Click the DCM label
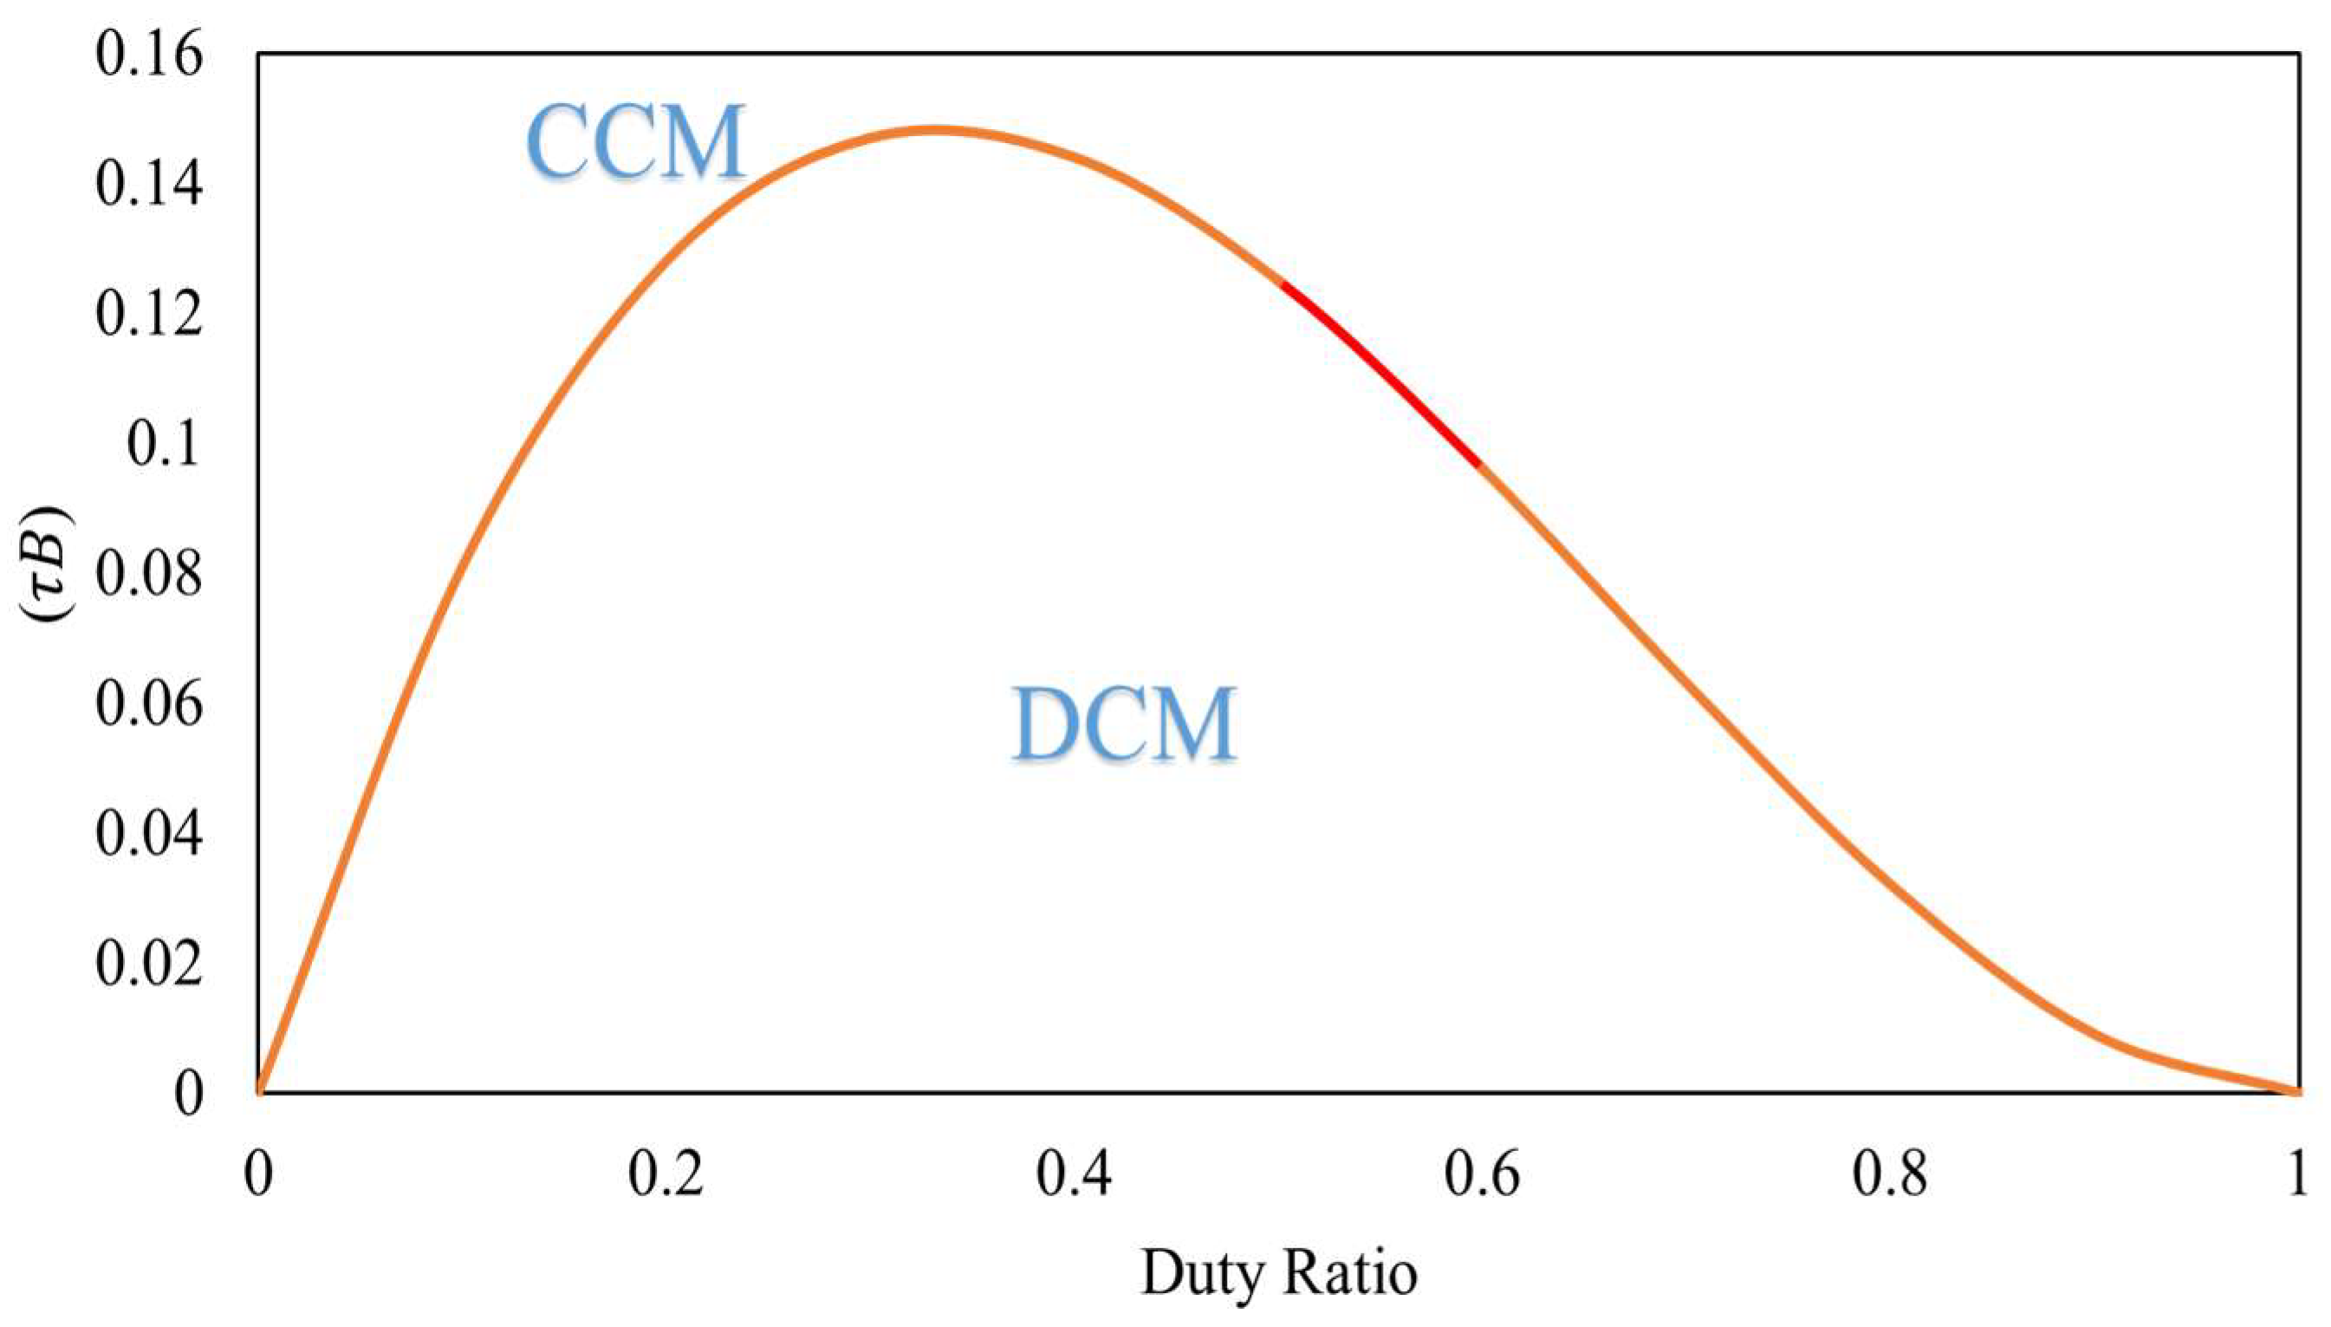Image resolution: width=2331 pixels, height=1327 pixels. click(x=1124, y=724)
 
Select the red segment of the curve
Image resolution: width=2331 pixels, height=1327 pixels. click(x=1380, y=374)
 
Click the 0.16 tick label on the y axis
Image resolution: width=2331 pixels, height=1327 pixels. click(x=148, y=55)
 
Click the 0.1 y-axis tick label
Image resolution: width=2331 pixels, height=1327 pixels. click(x=162, y=446)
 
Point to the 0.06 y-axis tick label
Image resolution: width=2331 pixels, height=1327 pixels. click(x=148, y=705)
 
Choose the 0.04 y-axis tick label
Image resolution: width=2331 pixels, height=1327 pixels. click(x=148, y=835)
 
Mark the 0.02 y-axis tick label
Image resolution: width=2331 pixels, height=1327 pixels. click(x=148, y=964)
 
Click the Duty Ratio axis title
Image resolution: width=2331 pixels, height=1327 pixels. click(x=1278, y=1273)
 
